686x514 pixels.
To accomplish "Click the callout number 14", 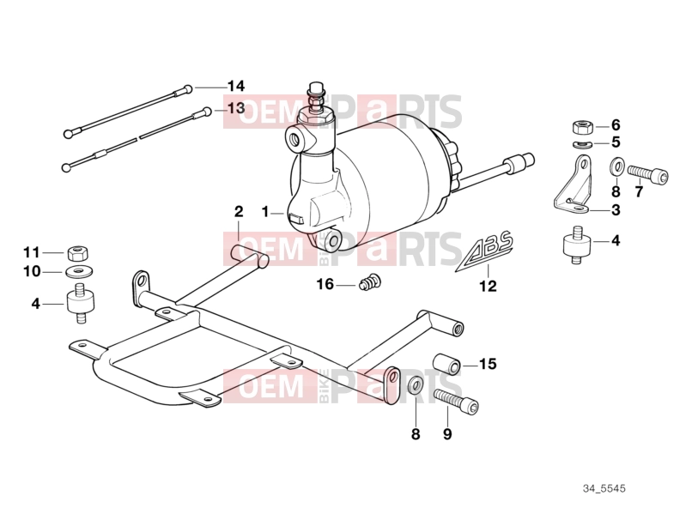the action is click(x=236, y=86).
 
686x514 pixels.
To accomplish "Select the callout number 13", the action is click(x=236, y=108).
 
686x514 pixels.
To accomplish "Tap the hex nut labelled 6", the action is click(x=582, y=127).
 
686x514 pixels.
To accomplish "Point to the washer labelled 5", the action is click(x=582, y=144).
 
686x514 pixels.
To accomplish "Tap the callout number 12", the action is click(x=489, y=287).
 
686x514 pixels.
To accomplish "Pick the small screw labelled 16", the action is click(x=370, y=281).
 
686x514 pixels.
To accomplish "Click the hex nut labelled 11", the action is click(x=79, y=252).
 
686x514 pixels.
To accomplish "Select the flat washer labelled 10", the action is click(x=79, y=272).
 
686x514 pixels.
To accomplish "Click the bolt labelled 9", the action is click(x=456, y=402).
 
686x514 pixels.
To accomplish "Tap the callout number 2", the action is click(x=239, y=212).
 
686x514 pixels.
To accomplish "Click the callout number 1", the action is click(x=265, y=213).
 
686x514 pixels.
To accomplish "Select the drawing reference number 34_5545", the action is click(x=604, y=488).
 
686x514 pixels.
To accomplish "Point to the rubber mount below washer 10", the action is click(x=81, y=303).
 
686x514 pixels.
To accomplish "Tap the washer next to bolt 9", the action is click(x=416, y=384).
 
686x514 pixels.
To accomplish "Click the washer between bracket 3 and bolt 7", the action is click(x=616, y=166).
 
